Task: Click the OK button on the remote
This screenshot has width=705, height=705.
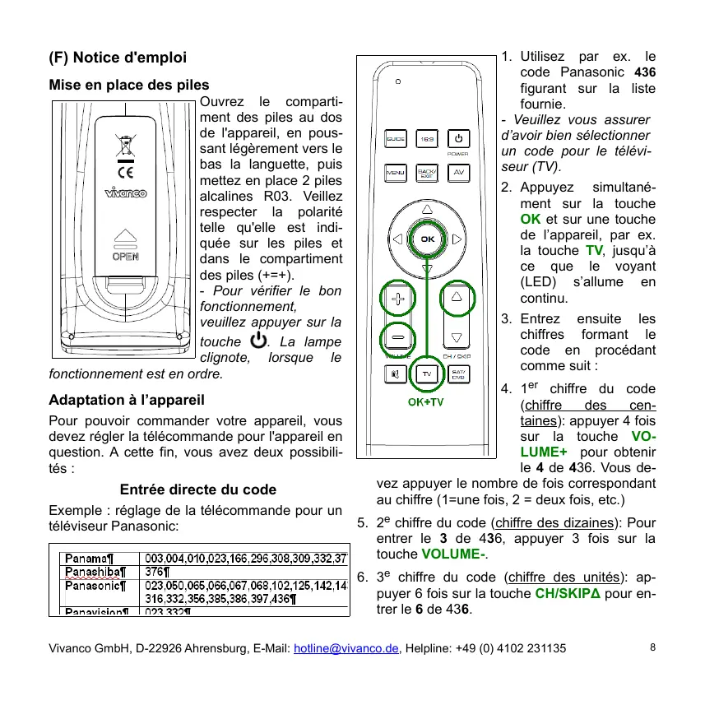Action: [427, 239]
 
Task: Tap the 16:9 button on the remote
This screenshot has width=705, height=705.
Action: [427, 139]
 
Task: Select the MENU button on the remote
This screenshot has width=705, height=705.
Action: [396, 173]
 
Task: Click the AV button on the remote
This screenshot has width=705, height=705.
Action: [458, 173]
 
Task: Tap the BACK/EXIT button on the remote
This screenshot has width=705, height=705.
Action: [427, 173]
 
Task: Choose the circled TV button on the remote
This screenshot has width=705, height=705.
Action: [427, 373]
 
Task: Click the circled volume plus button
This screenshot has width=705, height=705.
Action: [397, 299]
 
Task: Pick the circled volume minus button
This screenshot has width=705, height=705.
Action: [397, 337]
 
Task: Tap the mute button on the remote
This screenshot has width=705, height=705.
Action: [396, 373]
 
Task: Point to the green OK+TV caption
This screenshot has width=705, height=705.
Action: [426, 402]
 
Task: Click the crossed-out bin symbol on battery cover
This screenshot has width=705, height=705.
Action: [125, 146]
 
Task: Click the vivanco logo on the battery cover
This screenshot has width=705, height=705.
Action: [125, 194]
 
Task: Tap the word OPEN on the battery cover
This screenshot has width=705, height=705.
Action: [125, 256]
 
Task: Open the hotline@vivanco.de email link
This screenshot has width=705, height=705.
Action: [346, 648]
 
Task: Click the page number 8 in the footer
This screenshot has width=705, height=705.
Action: [652, 647]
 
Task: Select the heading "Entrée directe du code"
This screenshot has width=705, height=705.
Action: [198, 489]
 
